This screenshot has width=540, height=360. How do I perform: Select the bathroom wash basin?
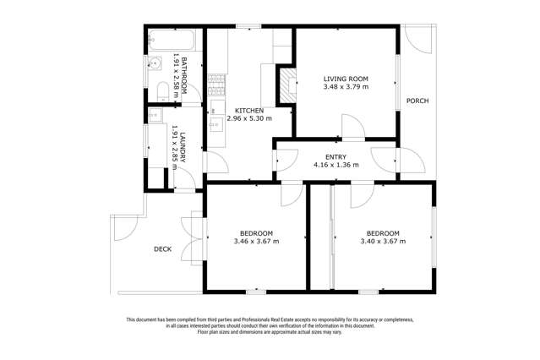pos(157,63)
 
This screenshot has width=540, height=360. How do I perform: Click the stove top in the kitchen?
pos(215,82)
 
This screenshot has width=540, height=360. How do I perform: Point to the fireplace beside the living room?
pos(288,84)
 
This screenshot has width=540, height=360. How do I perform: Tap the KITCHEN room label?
pos(249,111)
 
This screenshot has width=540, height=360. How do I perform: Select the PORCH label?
pos(417,101)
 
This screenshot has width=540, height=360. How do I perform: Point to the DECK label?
pos(163,249)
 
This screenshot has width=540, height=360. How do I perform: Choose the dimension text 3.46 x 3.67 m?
pos(256,242)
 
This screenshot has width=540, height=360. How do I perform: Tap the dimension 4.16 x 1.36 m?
pos(336,166)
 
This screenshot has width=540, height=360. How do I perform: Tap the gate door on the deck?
pos(125,226)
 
